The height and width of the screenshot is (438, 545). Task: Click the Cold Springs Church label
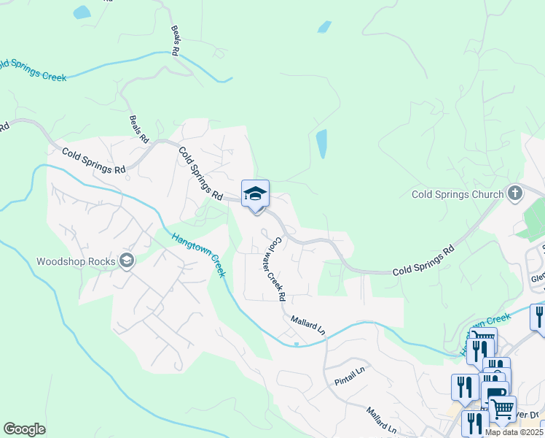point(458,194)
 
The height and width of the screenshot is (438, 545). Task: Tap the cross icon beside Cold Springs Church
point(515,193)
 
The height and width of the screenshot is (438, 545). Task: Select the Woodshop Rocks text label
point(77,261)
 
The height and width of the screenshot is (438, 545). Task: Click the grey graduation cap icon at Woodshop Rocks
point(127,261)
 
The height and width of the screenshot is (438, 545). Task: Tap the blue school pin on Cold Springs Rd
point(255,194)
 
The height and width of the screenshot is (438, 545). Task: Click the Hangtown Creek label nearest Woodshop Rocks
point(198,254)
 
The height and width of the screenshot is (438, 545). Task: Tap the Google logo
point(24,429)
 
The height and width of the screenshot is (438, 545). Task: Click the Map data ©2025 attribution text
point(513,432)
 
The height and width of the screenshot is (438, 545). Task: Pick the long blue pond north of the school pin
point(321,144)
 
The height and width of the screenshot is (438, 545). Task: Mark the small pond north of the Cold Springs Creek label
point(82,12)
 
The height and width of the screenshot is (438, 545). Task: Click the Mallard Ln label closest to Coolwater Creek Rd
point(307,324)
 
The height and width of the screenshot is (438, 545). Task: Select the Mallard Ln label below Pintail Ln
point(381,420)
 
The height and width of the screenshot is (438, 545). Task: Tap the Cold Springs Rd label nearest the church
point(423,261)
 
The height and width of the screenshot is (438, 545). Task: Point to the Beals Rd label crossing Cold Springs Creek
point(175,42)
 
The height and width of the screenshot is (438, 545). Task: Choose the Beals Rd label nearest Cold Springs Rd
point(139,128)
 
